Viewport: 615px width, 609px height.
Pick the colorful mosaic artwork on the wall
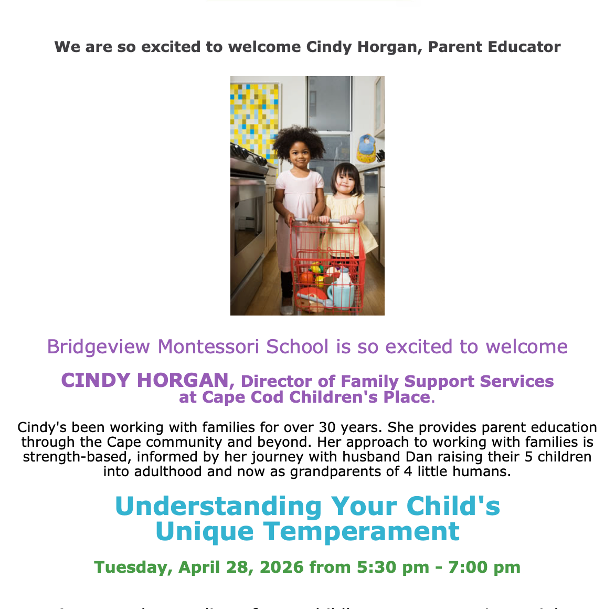point(253,115)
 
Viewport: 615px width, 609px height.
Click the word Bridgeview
point(100,347)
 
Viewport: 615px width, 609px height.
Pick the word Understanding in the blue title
point(218,506)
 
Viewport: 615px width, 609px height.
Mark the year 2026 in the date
point(281,567)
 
